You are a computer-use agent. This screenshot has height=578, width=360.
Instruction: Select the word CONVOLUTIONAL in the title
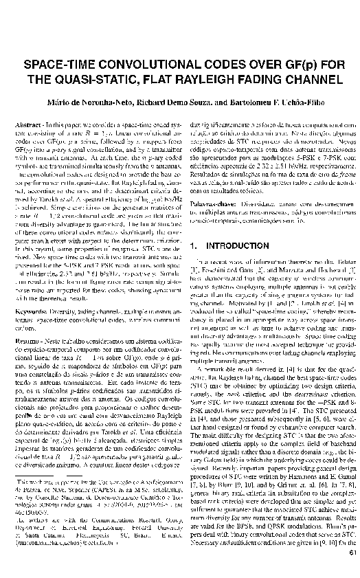pos(146,65)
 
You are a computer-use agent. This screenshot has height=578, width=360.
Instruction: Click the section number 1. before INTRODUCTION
pos(192,245)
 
